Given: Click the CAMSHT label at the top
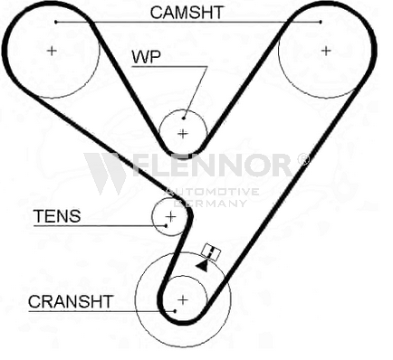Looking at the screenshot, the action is click(x=187, y=13).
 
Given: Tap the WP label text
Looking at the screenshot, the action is click(x=147, y=56).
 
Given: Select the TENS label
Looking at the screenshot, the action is click(x=57, y=216).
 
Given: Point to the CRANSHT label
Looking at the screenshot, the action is click(x=71, y=301).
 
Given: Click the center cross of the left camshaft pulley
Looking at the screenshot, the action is click(x=52, y=51).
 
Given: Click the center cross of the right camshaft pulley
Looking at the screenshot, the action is click(x=326, y=51).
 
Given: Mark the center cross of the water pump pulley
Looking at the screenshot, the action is click(x=183, y=133).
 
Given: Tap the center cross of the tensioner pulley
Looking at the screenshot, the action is click(x=171, y=216).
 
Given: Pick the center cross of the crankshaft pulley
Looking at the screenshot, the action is click(x=183, y=299).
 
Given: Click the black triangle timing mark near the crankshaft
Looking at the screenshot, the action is click(x=203, y=266).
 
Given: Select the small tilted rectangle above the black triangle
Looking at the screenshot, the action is click(x=211, y=251).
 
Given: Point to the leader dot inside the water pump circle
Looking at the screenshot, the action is click(x=184, y=118).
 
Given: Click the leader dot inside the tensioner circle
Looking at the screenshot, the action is click(x=166, y=225).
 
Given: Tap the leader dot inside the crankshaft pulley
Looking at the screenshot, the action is click(x=175, y=311).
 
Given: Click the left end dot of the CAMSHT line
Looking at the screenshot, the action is click(x=56, y=22).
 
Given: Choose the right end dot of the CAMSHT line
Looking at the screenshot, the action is click(x=321, y=22).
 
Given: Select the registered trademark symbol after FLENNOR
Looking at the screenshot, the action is click(x=303, y=159).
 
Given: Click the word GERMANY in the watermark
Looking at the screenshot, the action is click(x=211, y=203).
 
